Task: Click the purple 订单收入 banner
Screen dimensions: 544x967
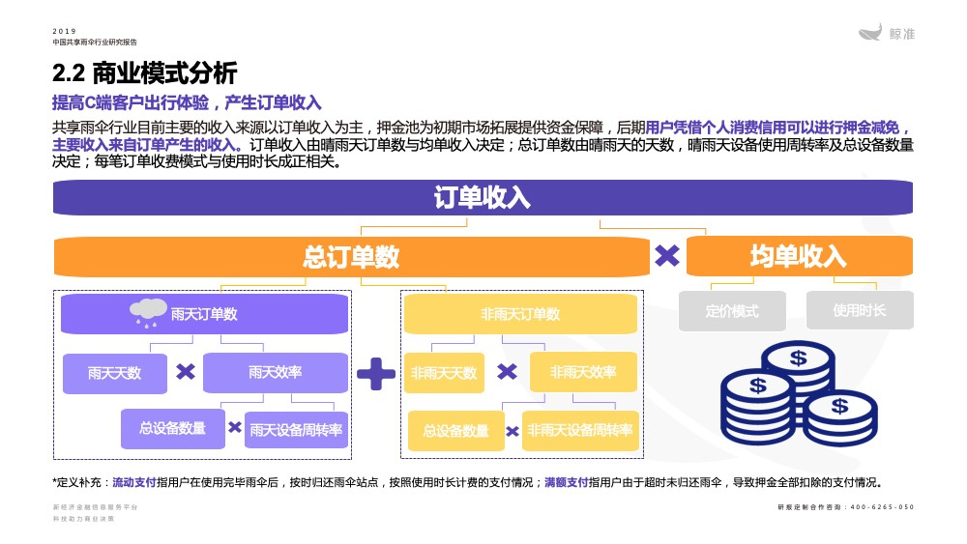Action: (x=483, y=198)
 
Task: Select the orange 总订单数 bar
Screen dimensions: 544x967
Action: (x=351, y=256)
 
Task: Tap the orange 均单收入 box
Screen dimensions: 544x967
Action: (x=799, y=256)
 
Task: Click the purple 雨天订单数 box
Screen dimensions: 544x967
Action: (x=204, y=314)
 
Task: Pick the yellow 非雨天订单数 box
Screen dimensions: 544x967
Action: (x=520, y=314)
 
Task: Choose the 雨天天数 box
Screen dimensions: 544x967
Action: (x=114, y=373)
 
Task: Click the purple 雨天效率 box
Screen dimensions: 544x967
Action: (x=275, y=372)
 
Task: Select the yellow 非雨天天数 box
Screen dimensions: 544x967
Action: (x=444, y=373)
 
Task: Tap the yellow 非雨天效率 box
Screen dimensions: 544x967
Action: (x=583, y=372)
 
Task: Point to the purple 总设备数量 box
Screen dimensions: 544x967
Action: (x=172, y=428)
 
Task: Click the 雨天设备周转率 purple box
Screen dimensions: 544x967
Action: (x=297, y=430)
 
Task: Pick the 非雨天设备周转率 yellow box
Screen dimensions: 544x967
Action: (x=580, y=430)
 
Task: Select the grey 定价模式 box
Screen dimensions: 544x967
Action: (x=732, y=311)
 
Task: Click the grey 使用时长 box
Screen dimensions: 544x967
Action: (x=860, y=311)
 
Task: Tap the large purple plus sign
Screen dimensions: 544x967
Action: (x=376, y=373)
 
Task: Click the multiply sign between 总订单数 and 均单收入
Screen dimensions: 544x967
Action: (x=667, y=256)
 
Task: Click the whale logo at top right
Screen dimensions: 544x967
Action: (x=871, y=33)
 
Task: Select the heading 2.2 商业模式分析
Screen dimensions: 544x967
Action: (x=144, y=72)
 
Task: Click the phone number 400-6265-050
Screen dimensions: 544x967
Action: (x=881, y=507)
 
